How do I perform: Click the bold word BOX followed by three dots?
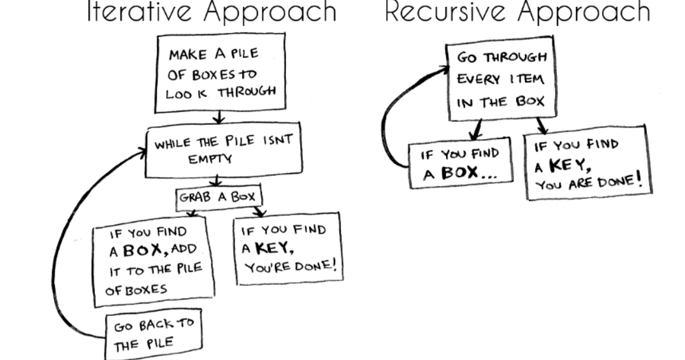[x=463, y=173]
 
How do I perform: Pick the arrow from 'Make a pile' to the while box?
[x=219, y=119]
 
